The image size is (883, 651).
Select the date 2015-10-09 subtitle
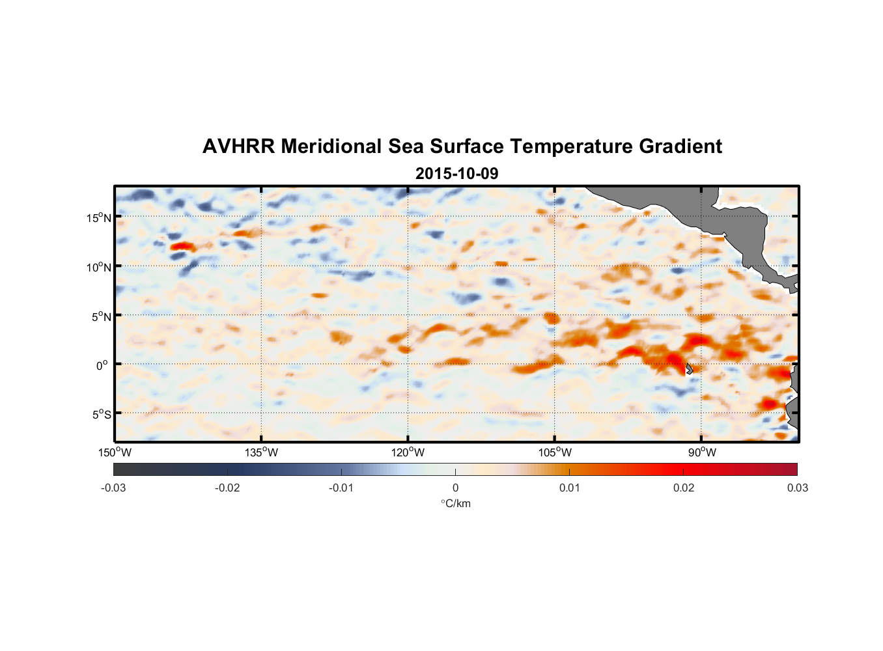coord(456,173)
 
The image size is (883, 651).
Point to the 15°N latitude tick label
coord(98,217)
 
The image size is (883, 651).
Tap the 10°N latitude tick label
coord(98,267)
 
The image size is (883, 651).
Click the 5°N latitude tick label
coord(100,316)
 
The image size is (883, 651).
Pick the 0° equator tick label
coord(102,365)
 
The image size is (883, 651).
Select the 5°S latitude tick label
coord(100,415)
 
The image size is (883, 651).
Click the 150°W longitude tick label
coord(115,452)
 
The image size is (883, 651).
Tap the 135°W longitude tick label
coord(261,452)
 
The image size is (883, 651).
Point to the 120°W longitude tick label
coord(408,452)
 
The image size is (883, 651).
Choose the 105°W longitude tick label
coord(555,452)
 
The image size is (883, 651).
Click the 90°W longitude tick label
coord(702,452)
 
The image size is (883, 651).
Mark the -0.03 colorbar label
coord(113,488)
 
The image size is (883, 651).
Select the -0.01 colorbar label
coord(341,488)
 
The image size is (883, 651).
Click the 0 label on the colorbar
coord(455,488)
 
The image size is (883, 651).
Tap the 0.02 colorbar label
coord(684,488)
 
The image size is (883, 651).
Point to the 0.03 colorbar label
coord(797,488)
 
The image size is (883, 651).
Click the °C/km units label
coord(455,503)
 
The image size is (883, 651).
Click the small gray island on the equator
coord(689,368)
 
